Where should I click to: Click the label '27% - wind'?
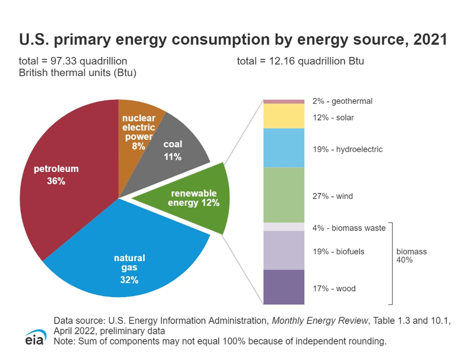(333, 196)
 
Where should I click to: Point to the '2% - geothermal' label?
(342, 101)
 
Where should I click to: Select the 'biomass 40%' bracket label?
(411, 256)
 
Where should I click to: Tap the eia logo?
(35, 338)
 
